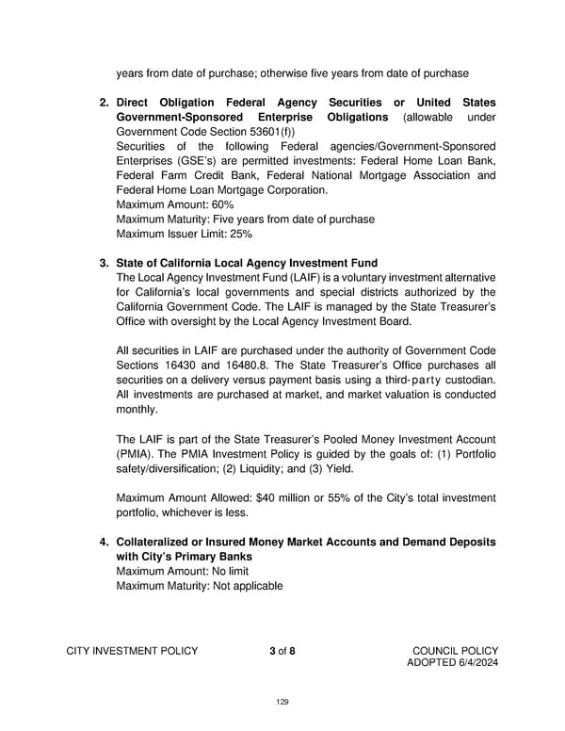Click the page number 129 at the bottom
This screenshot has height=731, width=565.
(x=282, y=702)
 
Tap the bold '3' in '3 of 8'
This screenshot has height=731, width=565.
(x=272, y=650)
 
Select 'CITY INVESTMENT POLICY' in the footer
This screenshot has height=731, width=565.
(x=132, y=650)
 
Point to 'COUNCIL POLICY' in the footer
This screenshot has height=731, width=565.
(x=455, y=650)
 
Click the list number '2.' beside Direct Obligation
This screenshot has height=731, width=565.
(x=105, y=102)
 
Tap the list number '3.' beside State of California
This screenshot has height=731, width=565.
(x=105, y=263)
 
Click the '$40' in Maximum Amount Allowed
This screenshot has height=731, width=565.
(x=269, y=497)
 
